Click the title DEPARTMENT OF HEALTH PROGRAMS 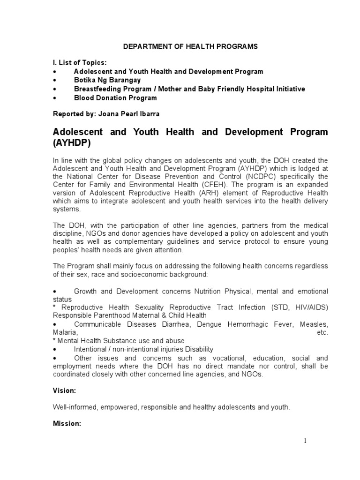190,47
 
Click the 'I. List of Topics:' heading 79,62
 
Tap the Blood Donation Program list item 115,98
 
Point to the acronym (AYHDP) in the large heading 74,143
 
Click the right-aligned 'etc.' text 322,332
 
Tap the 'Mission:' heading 67,423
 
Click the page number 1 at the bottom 305,441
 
